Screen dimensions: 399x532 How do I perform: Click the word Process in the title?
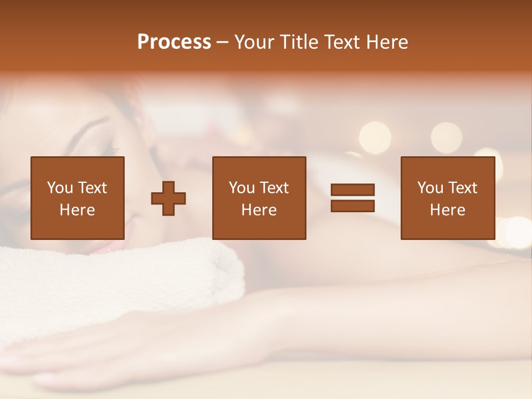click(174, 42)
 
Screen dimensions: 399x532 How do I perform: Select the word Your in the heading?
click(255, 42)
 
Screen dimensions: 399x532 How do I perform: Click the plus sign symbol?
click(168, 198)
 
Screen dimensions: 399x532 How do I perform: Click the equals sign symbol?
click(352, 198)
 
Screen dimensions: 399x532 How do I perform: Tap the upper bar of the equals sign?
click(352, 190)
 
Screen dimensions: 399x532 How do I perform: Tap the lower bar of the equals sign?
click(352, 206)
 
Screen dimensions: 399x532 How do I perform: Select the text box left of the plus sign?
click(78, 198)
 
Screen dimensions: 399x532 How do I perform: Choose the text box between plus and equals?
click(259, 198)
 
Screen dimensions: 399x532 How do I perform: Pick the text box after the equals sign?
click(447, 198)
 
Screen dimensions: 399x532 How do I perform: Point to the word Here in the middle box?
click(259, 210)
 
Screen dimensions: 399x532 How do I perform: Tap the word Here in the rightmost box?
click(447, 210)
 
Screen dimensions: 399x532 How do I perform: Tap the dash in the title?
click(223, 42)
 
